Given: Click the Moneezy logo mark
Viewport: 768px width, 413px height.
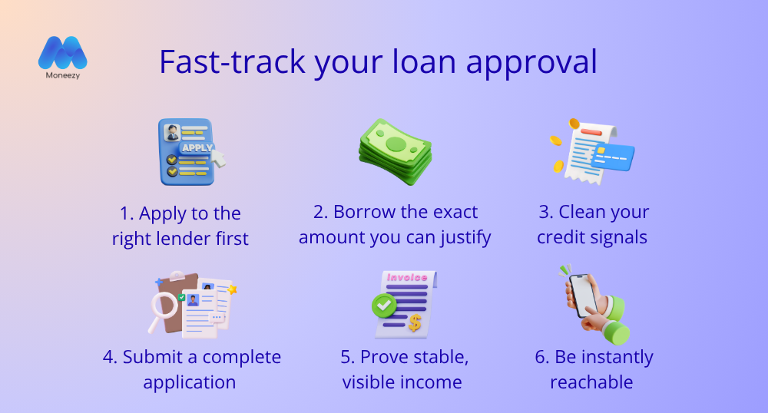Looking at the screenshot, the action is [63, 52].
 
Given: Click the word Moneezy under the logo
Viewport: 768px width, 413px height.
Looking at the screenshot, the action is [63, 75].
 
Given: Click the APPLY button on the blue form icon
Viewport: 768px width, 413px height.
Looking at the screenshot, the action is [197, 147].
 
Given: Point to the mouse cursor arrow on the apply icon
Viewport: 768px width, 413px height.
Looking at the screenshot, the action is [218, 158].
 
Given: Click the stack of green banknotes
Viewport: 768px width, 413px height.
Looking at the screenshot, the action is [396, 152].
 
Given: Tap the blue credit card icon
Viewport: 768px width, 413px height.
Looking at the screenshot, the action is [612, 157].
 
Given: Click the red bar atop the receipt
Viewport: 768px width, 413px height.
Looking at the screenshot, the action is [591, 131].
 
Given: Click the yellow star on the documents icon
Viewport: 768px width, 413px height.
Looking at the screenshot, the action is [232, 289].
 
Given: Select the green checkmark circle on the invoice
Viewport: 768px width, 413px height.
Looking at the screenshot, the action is [385, 306].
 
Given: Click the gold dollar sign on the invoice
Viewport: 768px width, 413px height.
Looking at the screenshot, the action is [415, 322].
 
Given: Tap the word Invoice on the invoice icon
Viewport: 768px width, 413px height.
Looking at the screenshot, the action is [407, 277].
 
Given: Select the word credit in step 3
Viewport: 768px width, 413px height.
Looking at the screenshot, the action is [562, 237].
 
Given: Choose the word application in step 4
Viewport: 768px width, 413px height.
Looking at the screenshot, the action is [190, 382].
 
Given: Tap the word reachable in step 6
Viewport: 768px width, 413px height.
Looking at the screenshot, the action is [591, 382].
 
